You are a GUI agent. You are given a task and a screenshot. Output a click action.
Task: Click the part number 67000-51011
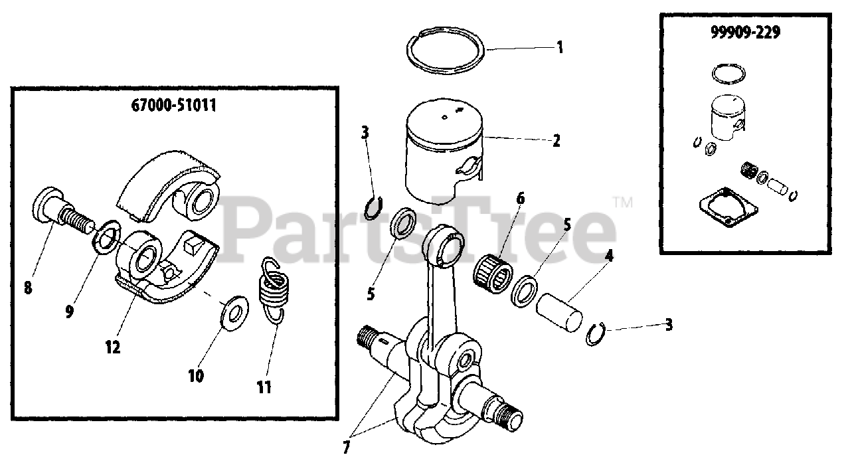174,105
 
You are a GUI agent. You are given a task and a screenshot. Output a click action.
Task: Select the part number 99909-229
745,33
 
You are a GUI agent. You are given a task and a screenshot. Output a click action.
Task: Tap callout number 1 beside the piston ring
560,47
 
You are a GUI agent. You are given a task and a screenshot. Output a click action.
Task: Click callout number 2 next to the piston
556,141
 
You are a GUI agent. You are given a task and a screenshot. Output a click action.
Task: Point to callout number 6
521,198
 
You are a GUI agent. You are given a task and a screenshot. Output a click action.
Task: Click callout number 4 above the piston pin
609,256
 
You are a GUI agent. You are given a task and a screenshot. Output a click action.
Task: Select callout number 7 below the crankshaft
346,447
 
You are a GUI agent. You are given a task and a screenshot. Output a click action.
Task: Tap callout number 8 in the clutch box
28,288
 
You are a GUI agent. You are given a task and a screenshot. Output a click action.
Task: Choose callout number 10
196,375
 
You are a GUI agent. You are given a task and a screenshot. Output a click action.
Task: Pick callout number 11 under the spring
264,387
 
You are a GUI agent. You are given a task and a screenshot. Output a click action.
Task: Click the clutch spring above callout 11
272,290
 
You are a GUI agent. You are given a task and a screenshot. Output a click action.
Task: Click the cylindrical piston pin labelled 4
559,312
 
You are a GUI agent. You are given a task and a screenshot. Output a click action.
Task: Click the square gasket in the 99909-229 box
728,207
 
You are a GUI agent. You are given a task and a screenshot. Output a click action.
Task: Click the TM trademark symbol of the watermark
623,202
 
